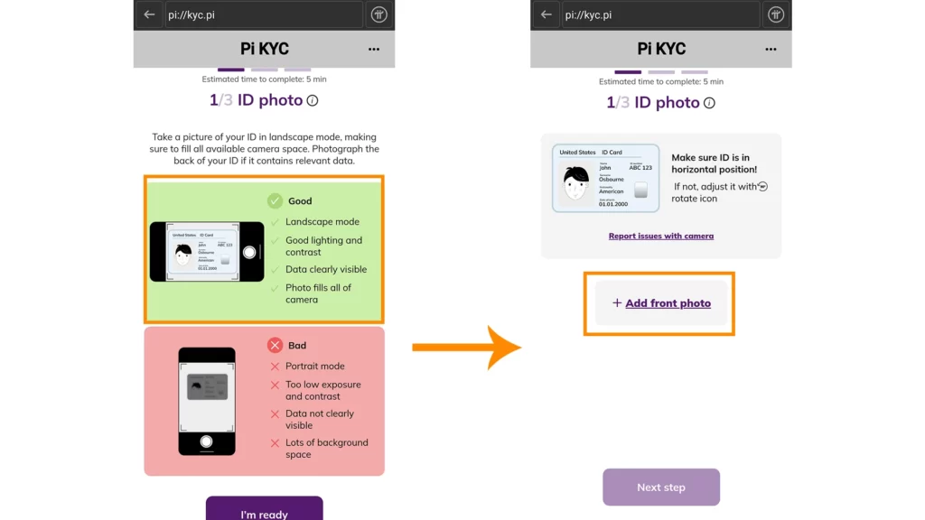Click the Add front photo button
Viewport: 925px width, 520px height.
661,303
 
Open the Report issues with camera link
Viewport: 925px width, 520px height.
660,237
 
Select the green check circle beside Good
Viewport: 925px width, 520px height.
275,201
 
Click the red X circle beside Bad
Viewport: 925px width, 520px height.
275,345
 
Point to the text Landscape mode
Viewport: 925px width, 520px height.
322,222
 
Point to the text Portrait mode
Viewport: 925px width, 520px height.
314,367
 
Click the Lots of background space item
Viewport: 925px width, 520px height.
326,449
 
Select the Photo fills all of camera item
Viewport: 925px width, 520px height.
318,293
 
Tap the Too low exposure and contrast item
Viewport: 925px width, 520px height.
322,390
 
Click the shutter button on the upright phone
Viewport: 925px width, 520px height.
207,441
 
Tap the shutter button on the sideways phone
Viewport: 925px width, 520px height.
249,253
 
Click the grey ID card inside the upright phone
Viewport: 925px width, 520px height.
207,387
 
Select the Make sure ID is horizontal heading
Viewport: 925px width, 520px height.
714,163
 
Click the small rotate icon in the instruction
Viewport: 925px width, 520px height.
763,187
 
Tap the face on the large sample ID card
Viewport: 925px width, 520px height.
576,183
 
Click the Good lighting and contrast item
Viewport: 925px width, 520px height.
323,246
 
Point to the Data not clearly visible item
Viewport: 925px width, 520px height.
320,419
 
